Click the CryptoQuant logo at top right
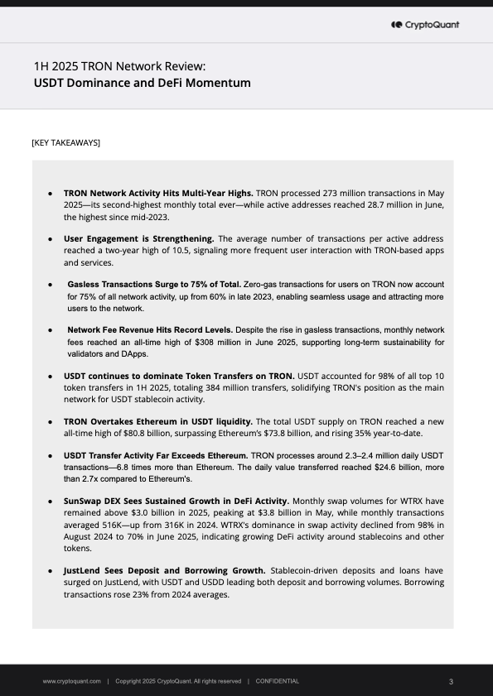click(424, 25)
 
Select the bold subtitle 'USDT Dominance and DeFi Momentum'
click(142, 83)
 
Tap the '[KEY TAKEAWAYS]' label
click(65, 143)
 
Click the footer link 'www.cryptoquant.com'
click(72, 681)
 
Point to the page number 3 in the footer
click(450, 681)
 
